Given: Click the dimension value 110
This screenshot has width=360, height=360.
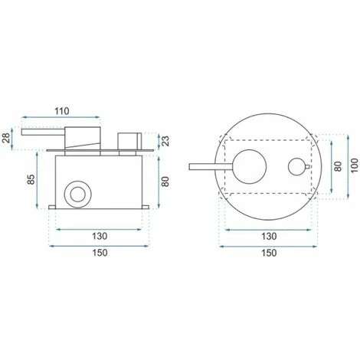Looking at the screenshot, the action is pos(62,111).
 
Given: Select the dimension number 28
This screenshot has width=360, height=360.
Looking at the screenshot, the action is pos(7,138).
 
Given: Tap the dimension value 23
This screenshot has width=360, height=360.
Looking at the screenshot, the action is pos(166,141).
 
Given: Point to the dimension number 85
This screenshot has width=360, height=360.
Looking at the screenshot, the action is pos(31,179).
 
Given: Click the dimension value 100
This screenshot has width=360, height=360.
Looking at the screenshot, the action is pos(354,165).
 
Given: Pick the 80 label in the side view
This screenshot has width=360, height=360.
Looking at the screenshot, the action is pos(166,182).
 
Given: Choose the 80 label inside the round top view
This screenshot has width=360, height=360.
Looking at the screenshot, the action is pos(338,166).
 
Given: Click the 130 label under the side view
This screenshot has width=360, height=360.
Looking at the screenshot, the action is pos(100,236).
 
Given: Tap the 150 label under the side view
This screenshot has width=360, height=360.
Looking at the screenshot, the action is pos(100,253).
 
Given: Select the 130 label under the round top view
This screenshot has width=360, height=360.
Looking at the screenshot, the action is pos(269,237).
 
